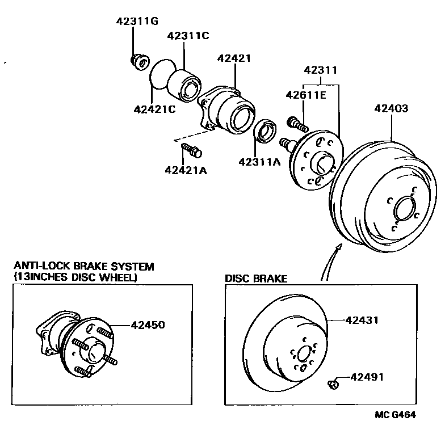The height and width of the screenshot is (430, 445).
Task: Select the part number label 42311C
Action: pos(188,36)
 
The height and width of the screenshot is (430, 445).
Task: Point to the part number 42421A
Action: pos(186,170)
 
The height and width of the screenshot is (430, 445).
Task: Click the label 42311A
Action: pos(260,162)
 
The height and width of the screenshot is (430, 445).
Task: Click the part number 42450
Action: pos(148,325)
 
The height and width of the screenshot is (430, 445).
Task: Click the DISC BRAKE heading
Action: pos(256,279)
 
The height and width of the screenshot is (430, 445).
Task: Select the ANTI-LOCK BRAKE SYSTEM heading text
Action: pos(83,266)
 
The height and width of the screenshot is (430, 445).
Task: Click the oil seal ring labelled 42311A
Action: pos(266,130)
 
